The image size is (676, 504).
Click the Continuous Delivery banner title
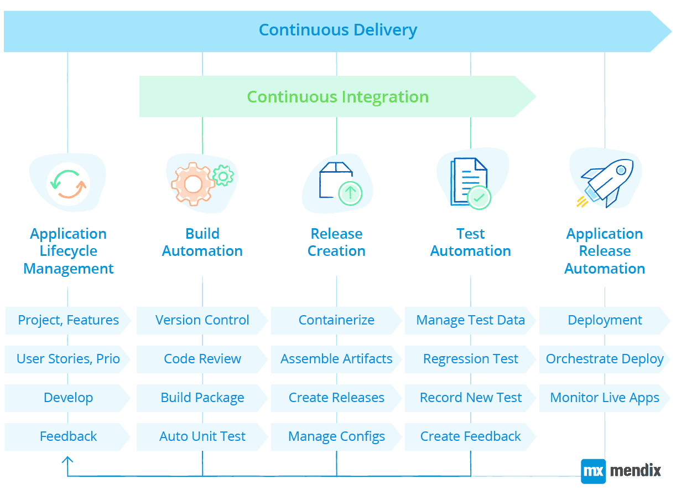(x=337, y=29)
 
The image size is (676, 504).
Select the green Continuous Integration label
(x=337, y=97)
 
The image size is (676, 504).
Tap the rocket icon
(x=606, y=183)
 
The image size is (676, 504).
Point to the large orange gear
(x=193, y=184)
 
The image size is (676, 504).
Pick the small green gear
(x=223, y=176)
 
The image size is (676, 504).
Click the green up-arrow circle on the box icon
(x=350, y=193)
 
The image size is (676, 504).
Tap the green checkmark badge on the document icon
(x=479, y=197)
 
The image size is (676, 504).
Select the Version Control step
(x=202, y=320)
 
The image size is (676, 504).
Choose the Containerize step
(x=336, y=320)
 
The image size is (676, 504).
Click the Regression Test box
(x=470, y=359)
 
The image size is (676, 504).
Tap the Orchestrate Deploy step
(x=605, y=359)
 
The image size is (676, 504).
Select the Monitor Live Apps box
(x=605, y=398)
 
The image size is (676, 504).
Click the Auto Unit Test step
(x=202, y=436)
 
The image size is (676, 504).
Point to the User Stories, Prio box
(x=68, y=359)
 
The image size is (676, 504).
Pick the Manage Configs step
(x=336, y=436)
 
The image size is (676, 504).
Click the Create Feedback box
(x=470, y=436)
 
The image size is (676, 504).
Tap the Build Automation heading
(x=202, y=242)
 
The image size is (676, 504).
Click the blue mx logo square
(x=593, y=471)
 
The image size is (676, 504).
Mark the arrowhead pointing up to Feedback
(x=67, y=460)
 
